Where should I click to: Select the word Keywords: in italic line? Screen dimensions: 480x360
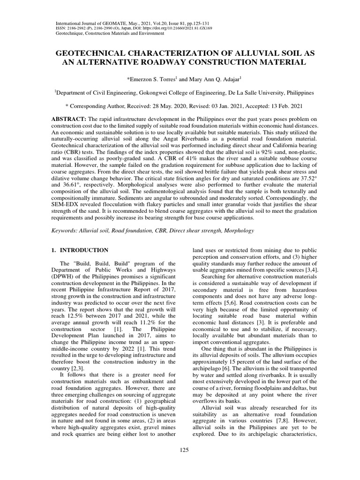pyautogui.click(x=65, y=231)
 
